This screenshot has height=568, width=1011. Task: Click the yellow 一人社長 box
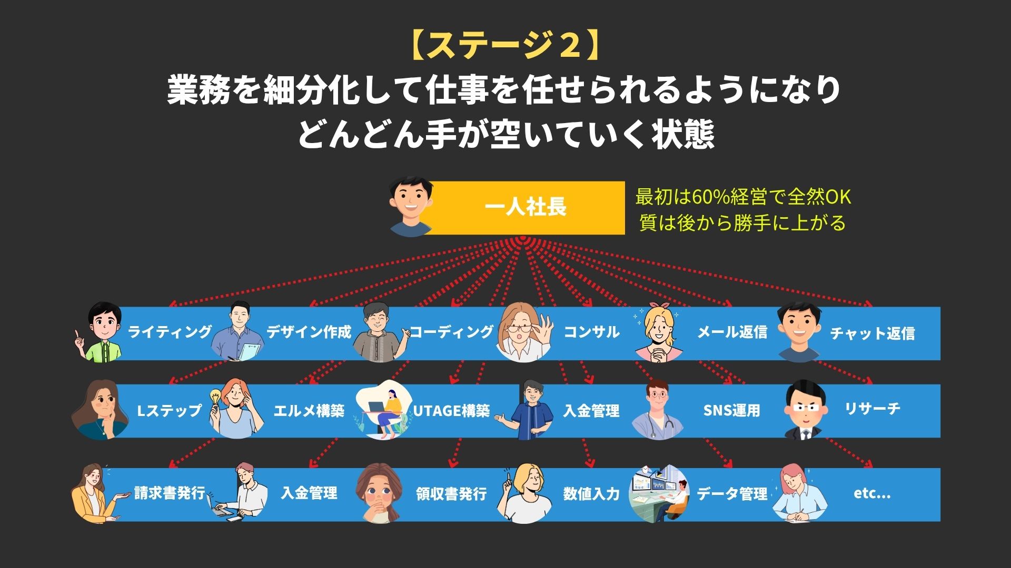click(x=524, y=208)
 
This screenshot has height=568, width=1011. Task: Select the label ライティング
click(x=170, y=332)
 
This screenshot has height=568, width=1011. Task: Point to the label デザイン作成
click(x=309, y=332)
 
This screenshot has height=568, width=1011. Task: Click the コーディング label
click(x=451, y=332)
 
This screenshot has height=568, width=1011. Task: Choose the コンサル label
click(x=591, y=332)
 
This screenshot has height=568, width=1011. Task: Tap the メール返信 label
click(x=732, y=332)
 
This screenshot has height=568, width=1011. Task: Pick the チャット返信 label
click(x=872, y=333)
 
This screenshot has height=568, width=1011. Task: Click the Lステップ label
click(x=169, y=410)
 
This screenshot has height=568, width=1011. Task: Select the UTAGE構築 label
click(x=451, y=410)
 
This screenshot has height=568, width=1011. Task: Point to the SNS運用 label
click(x=732, y=410)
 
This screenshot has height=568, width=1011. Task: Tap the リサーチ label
click(x=873, y=409)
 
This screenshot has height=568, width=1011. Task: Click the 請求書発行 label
click(x=170, y=493)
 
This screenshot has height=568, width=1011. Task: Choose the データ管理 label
click(x=732, y=494)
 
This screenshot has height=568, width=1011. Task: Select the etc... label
click(x=872, y=494)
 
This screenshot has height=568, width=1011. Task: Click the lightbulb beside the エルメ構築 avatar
click(x=215, y=397)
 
